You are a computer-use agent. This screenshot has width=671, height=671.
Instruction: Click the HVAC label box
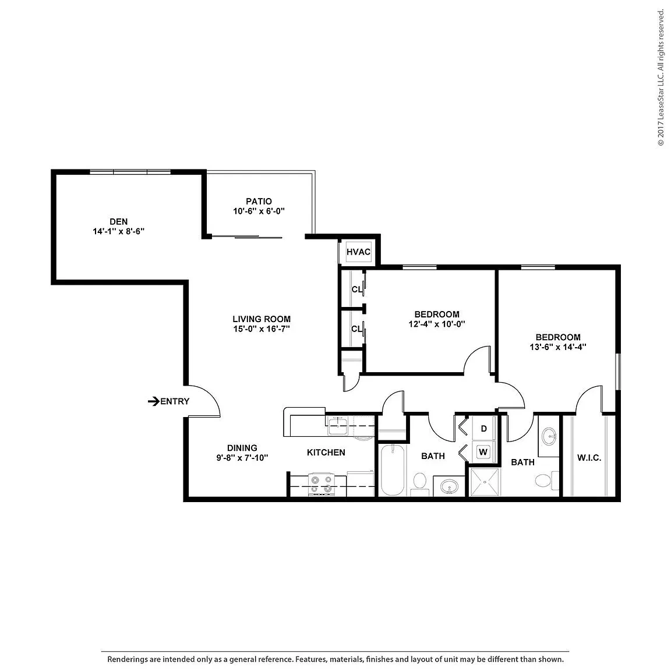(x=358, y=252)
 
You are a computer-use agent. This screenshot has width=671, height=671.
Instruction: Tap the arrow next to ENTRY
(x=154, y=401)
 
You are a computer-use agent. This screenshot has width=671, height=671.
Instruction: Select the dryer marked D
(x=483, y=428)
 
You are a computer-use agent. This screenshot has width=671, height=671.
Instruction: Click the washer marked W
(x=483, y=452)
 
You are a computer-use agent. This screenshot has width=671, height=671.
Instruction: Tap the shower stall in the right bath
(x=485, y=482)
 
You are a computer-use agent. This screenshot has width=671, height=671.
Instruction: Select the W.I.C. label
(x=589, y=458)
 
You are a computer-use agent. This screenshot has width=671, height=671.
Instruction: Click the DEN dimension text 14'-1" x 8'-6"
(x=119, y=231)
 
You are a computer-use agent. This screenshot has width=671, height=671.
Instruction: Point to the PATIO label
(x=259, y=201)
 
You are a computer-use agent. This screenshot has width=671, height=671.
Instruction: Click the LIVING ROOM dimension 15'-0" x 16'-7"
(x=262, y=329)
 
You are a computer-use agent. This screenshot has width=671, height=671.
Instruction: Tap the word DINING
(x=242, y=448)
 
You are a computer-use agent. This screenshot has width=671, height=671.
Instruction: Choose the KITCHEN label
(x=326, y=453)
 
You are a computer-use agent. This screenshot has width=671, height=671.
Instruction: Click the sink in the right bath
(x=549, y=437)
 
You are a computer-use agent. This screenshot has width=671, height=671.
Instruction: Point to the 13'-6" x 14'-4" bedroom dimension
(x=558, y=347)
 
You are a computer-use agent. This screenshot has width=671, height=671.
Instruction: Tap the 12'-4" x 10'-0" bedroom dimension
(x=437, y=324)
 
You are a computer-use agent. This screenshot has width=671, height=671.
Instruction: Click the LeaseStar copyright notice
(x=661, y=77)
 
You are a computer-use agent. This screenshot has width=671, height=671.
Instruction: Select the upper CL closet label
(x=357, y=289)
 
